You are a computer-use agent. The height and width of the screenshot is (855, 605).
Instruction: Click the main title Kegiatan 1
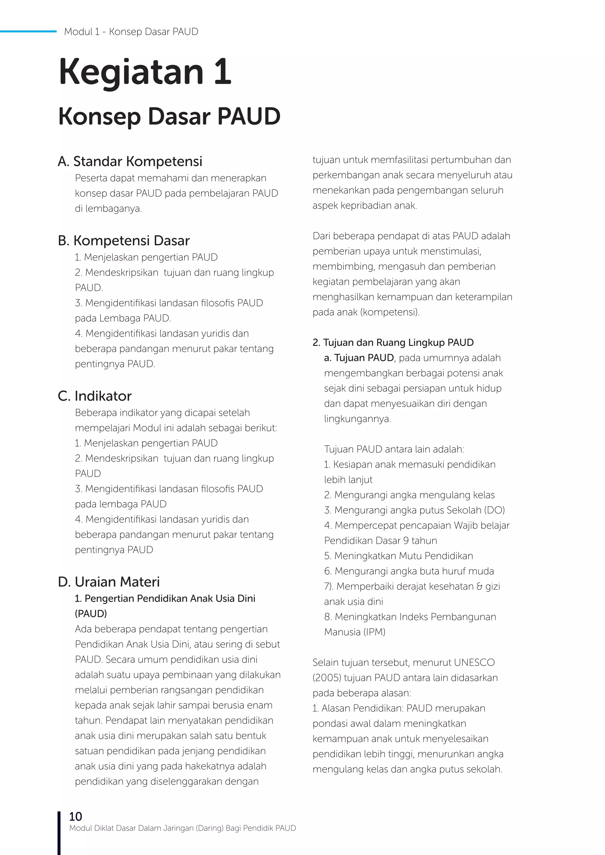[145, 71]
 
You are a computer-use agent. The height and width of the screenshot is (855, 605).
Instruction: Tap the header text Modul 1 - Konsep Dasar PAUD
[131, 32]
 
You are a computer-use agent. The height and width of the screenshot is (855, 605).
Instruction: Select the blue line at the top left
[28, 31]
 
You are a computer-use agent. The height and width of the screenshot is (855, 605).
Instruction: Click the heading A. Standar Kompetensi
[130, 161]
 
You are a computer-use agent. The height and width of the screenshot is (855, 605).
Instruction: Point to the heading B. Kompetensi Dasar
[124, 241]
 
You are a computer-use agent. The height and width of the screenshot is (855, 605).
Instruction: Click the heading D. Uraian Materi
[109, 582]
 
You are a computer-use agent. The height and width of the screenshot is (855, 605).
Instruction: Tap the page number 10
[75, 816]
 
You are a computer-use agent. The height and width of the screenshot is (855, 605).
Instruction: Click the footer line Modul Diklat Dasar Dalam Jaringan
[183, 828]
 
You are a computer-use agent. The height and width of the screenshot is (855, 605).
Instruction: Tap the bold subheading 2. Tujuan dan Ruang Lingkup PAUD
[393, 342]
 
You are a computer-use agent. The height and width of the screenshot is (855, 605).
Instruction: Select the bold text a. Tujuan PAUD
[359, 358]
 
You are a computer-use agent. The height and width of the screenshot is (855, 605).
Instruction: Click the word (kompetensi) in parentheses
[390, 312]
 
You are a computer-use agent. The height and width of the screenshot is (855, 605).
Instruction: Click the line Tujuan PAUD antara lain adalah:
[394, 449]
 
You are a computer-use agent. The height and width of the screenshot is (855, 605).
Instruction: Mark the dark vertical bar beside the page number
[59, 833]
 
